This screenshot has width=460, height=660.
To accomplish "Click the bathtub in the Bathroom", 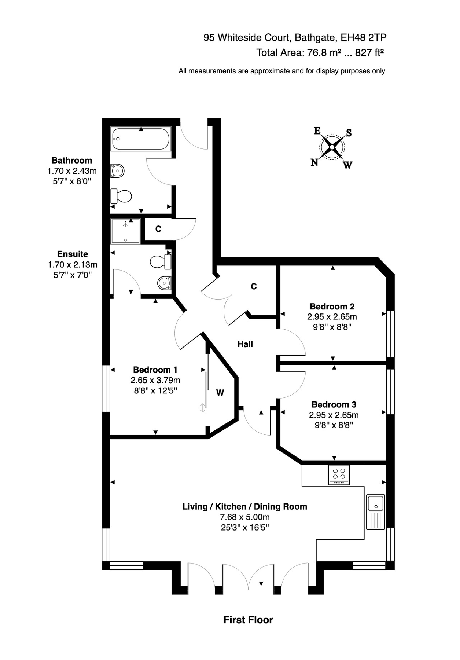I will [141, 139].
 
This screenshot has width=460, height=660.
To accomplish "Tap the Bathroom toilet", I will [122, 196].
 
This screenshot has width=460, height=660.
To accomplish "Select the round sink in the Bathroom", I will [118, 171].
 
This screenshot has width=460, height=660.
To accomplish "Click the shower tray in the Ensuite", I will [125, 231].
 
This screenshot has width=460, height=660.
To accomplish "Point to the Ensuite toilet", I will [160, 262].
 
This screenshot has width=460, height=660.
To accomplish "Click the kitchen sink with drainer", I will [375, 512].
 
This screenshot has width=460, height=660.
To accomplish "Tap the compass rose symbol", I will [332, 147].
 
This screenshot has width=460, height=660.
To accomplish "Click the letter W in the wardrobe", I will [220, 393].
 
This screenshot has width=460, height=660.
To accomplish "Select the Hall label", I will [245, 344].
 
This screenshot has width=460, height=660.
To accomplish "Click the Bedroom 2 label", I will [332, 307].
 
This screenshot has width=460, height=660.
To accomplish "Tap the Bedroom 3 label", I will [334, 404].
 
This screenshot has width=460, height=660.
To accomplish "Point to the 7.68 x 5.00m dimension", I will [244, 517].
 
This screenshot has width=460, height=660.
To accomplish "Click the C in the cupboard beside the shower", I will [158, 229].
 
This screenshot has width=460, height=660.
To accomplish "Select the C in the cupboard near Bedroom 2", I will [254, 286].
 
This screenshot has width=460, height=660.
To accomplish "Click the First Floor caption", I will [248, 620].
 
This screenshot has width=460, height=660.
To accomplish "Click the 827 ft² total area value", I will [369, 53].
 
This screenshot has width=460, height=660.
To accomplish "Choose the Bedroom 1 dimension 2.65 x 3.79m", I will [155, 380].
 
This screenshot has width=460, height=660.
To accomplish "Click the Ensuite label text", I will [73, 254].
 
